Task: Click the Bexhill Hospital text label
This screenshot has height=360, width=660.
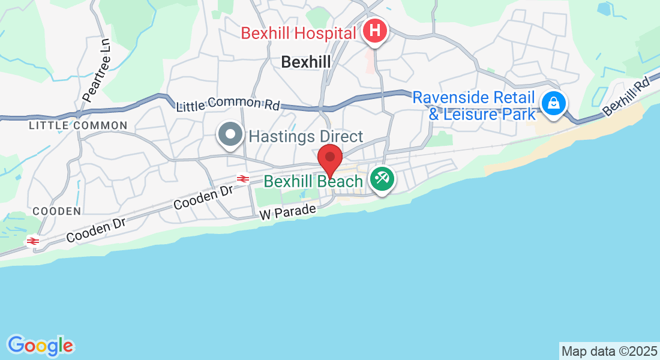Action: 298,32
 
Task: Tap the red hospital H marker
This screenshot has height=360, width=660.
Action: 375,30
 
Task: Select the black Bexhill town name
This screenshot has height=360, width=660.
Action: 306,62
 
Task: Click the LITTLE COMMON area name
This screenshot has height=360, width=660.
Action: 78,125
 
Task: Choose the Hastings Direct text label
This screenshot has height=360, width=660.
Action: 305,136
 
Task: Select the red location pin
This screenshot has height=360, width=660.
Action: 329,158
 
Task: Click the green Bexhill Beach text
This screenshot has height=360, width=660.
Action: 313,181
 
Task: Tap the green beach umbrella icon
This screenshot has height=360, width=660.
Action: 382,179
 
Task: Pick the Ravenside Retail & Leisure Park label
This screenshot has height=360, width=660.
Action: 473,105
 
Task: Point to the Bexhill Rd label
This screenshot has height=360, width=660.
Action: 626,95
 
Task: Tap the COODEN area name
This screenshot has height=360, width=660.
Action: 57,211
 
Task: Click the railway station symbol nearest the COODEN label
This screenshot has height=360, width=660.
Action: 33,241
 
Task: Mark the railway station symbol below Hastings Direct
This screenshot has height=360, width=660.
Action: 243,178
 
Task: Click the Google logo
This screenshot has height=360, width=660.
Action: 40,346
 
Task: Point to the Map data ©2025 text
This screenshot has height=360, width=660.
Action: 610,351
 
